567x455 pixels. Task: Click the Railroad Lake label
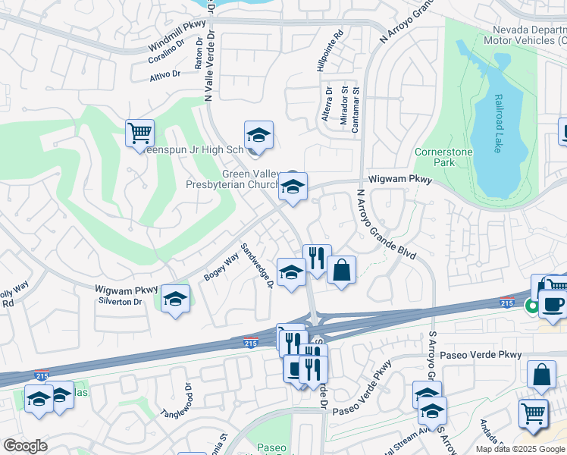498,124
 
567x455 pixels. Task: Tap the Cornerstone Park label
444,157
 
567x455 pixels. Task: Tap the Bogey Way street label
221,267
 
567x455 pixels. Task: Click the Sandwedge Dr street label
257,265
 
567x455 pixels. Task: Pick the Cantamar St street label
355,114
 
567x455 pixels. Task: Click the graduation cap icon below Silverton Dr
175,300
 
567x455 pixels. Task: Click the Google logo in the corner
25,446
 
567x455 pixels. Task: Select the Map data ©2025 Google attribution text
521,449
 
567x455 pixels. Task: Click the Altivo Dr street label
164,74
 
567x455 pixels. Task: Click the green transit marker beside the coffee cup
532,306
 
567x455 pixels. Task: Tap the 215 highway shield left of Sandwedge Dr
252,343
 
